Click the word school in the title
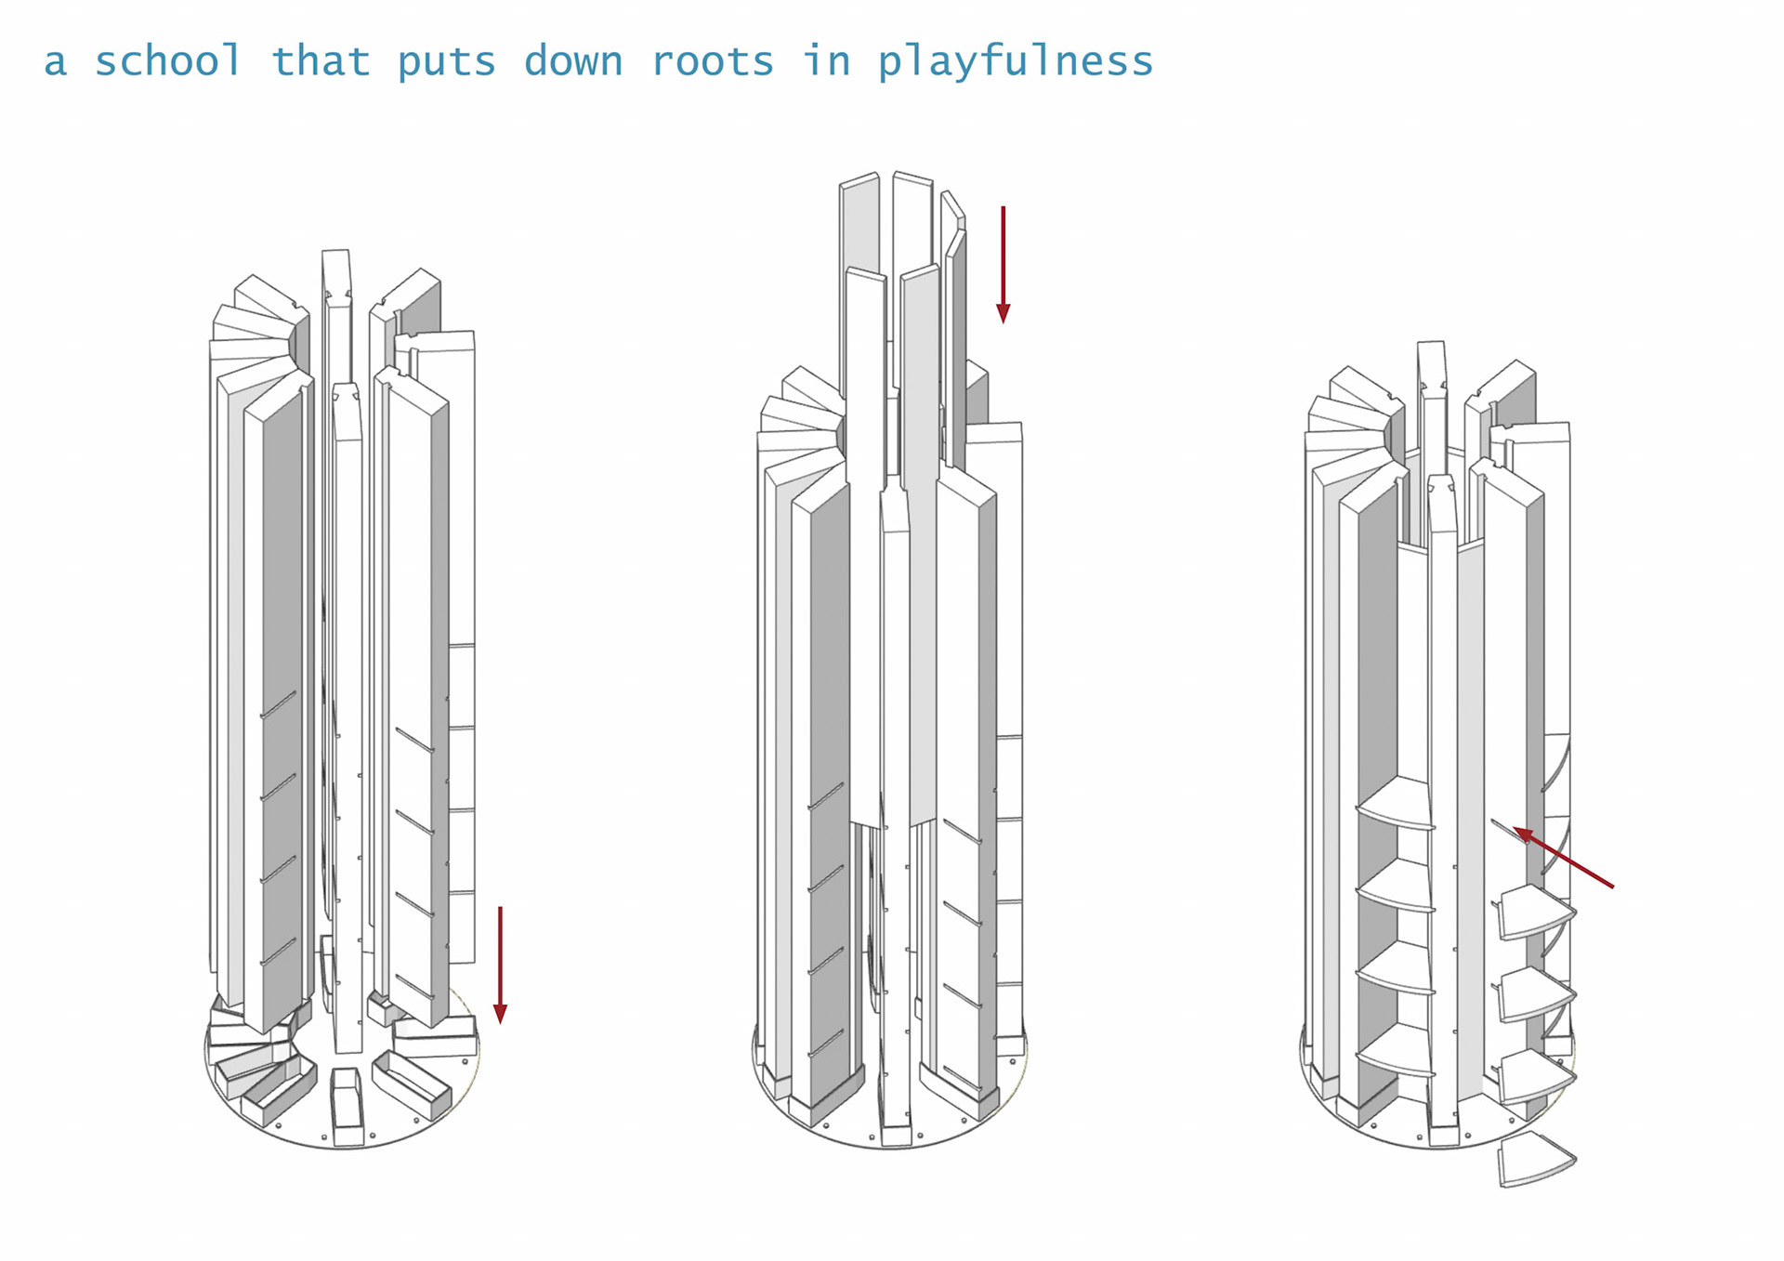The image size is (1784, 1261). (x=168, y=61)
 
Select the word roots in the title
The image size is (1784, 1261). (x=712, y=62)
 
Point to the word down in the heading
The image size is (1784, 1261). (x=572, y=61)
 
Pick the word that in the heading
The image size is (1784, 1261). (x=321, y=61)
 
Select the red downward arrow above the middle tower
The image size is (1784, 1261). (x=1003, y=265)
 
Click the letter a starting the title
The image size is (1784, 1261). (x=56, y=62)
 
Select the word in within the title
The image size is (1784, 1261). (x=826, y=61)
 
